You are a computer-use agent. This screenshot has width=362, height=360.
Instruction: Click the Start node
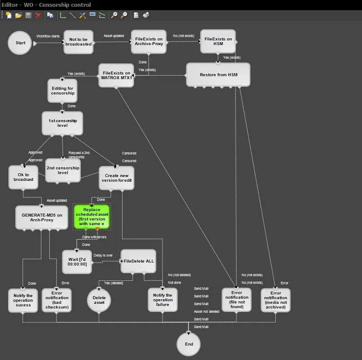point(20,43)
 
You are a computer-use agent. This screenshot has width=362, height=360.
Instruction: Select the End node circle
point(189,344)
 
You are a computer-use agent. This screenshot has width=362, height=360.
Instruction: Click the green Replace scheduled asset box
point(92,217)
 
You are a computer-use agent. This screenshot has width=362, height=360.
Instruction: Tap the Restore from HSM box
point(218,75)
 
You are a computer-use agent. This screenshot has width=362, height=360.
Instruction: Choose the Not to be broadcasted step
point(78,42)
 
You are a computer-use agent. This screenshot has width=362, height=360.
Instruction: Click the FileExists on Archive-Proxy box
point(148,42)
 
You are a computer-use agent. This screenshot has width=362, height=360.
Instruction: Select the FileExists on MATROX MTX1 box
point(116,75)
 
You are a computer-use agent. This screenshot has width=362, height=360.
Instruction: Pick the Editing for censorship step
point(63,91)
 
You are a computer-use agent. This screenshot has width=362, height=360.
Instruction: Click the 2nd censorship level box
point(63,170)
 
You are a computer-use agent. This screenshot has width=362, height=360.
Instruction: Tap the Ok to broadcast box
point(23,177)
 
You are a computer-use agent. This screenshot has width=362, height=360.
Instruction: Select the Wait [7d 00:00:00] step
point(77,262)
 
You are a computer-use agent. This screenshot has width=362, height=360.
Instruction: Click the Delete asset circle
point(99,300)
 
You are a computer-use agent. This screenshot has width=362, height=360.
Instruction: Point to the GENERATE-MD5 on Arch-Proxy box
point(42,217)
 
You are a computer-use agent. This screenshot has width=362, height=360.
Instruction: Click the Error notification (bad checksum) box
point(57,300)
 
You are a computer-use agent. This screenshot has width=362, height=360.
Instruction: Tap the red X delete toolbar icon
point(38,15)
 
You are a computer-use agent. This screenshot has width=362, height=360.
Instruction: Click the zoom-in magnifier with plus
point(114,15)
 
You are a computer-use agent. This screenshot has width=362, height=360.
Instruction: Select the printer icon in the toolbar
point(146,15)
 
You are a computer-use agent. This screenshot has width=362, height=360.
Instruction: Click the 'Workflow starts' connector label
point(48,36)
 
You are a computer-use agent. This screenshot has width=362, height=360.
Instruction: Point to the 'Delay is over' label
point(103,255)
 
